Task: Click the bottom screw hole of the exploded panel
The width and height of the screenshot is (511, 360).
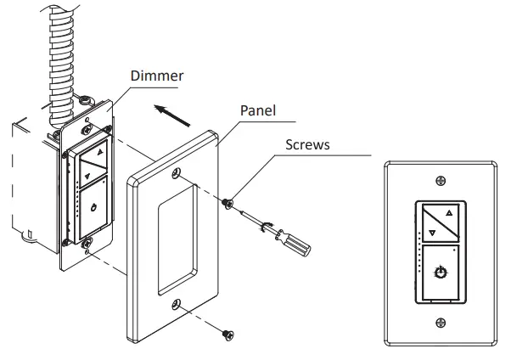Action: coord(176,304)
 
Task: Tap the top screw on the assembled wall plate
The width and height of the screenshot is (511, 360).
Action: coord(440,180)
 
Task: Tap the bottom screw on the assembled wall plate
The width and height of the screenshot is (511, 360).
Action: coord(440,322)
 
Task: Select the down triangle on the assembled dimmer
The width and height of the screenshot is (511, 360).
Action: coord(431,231)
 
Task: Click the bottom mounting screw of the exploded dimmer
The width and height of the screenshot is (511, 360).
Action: coord(88,247)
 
